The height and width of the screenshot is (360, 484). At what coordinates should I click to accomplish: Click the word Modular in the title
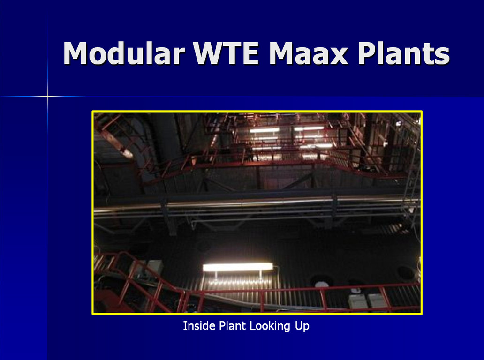tap(124, 53)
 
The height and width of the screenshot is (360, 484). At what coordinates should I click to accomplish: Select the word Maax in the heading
tap(309, 53)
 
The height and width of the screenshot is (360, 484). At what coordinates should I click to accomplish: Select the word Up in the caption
tap(302, 326)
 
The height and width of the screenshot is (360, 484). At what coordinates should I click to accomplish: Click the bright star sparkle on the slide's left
tap(47, 96)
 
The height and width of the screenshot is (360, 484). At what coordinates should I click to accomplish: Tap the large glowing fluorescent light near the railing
tap(238, 267)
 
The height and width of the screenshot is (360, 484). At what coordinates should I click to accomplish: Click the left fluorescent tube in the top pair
tap(264, 131)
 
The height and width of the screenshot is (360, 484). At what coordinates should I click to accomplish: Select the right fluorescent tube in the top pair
tap(309, 128)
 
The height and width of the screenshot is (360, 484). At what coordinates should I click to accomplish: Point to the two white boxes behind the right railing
tap(367, 301)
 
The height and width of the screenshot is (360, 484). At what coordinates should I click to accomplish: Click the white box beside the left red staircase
tap(154, 267)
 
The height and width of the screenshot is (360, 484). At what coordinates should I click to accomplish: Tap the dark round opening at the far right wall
tap(405, 272)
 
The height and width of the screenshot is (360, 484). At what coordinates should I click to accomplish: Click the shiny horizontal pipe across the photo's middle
tap(256, 203)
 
